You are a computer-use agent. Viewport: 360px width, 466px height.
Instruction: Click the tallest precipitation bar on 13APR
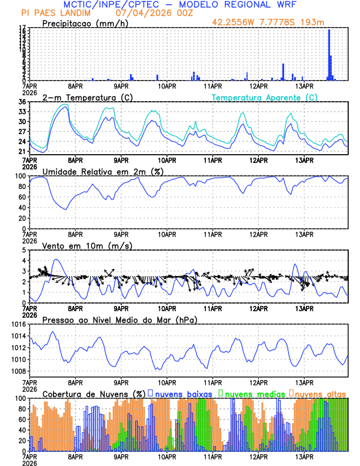329,54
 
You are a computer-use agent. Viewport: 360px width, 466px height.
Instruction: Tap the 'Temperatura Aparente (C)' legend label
264,97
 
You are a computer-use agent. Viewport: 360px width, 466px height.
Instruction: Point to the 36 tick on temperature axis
22,102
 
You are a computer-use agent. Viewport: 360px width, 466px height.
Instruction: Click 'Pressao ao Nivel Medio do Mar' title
119,319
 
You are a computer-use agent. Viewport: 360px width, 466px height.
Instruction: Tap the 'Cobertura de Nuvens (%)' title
94,393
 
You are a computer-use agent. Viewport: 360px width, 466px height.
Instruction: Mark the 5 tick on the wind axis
25,250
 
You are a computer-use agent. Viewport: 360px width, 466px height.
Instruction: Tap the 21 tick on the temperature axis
22,152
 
